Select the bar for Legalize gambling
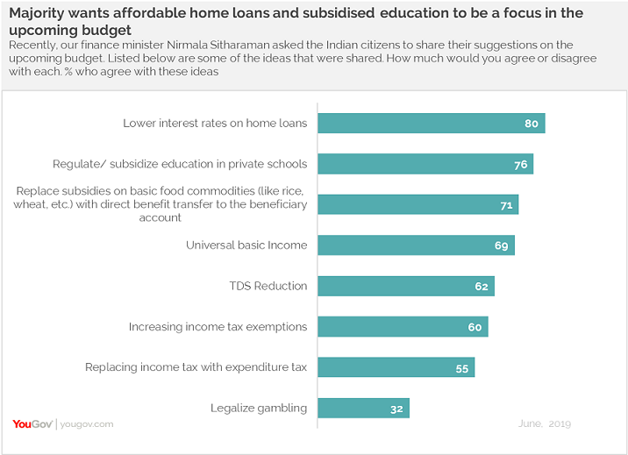(363, 408)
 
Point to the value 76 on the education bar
(519, 165)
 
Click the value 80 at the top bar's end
(532, 124)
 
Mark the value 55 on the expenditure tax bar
(461, 368)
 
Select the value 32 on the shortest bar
(396, 409)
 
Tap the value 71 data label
(505, 205)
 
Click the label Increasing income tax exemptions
(218, 327)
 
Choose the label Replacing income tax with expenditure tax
(196, 367)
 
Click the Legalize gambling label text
(259, 408)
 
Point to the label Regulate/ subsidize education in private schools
(180, 164)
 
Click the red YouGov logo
(32, 424)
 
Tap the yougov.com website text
(86, 424)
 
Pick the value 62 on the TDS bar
(481, 287)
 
